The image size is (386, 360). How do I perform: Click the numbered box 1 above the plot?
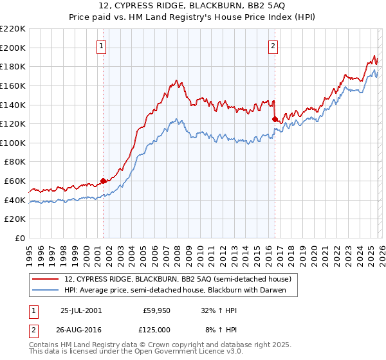click(102, 45)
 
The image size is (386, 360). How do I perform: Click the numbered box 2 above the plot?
click(273, 45)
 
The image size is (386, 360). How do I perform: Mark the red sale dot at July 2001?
click(104, 181)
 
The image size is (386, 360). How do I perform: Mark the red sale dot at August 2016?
click(275, 119)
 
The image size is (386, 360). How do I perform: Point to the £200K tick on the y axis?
click(14, 48)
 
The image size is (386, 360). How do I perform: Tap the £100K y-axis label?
click(14, 143)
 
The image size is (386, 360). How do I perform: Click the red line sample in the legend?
click(45, 279)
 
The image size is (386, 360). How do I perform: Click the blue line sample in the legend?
click(45, 290)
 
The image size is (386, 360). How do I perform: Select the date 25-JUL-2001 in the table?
click(80, 309)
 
